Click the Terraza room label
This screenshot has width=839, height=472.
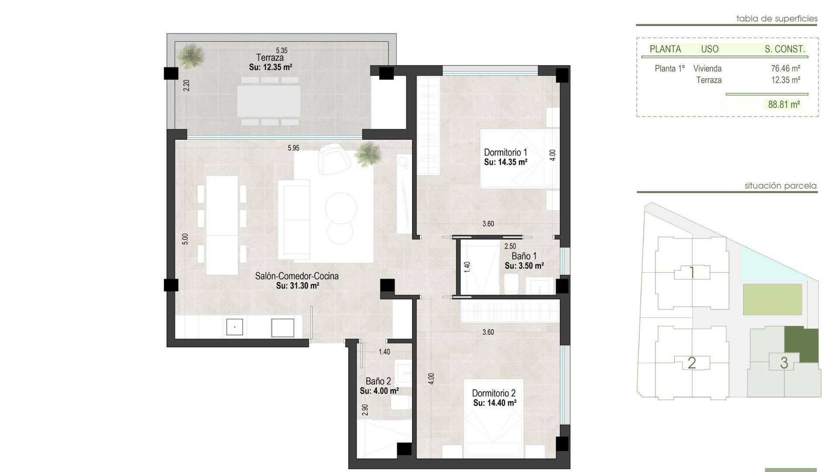point(270,57)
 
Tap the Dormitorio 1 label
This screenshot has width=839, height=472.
point(506,153)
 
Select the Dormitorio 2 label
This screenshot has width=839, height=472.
point(494,393)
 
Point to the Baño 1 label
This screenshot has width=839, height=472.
point(524,256)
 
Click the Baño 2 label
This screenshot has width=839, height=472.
point(378,382)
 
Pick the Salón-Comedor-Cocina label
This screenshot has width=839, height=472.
point(297,276)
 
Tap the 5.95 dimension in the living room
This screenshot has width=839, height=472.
point(294,148)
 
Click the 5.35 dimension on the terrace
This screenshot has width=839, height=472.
point(282,51)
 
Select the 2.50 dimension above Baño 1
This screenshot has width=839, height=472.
point(510,246)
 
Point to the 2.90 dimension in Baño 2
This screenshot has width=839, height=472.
point(365,410)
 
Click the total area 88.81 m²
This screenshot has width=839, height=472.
point(784,104)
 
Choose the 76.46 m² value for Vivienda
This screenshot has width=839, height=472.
point(786,69)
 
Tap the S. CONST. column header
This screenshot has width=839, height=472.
point(785,49)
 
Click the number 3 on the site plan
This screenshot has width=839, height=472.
point(784,363)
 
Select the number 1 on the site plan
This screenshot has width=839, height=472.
point(692,273)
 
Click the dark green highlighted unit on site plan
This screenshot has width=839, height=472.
point(801,345)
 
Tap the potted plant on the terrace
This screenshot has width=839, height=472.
point(191,56)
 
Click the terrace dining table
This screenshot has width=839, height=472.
point(269,101)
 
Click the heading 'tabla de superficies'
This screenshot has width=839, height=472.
point(777,19)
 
